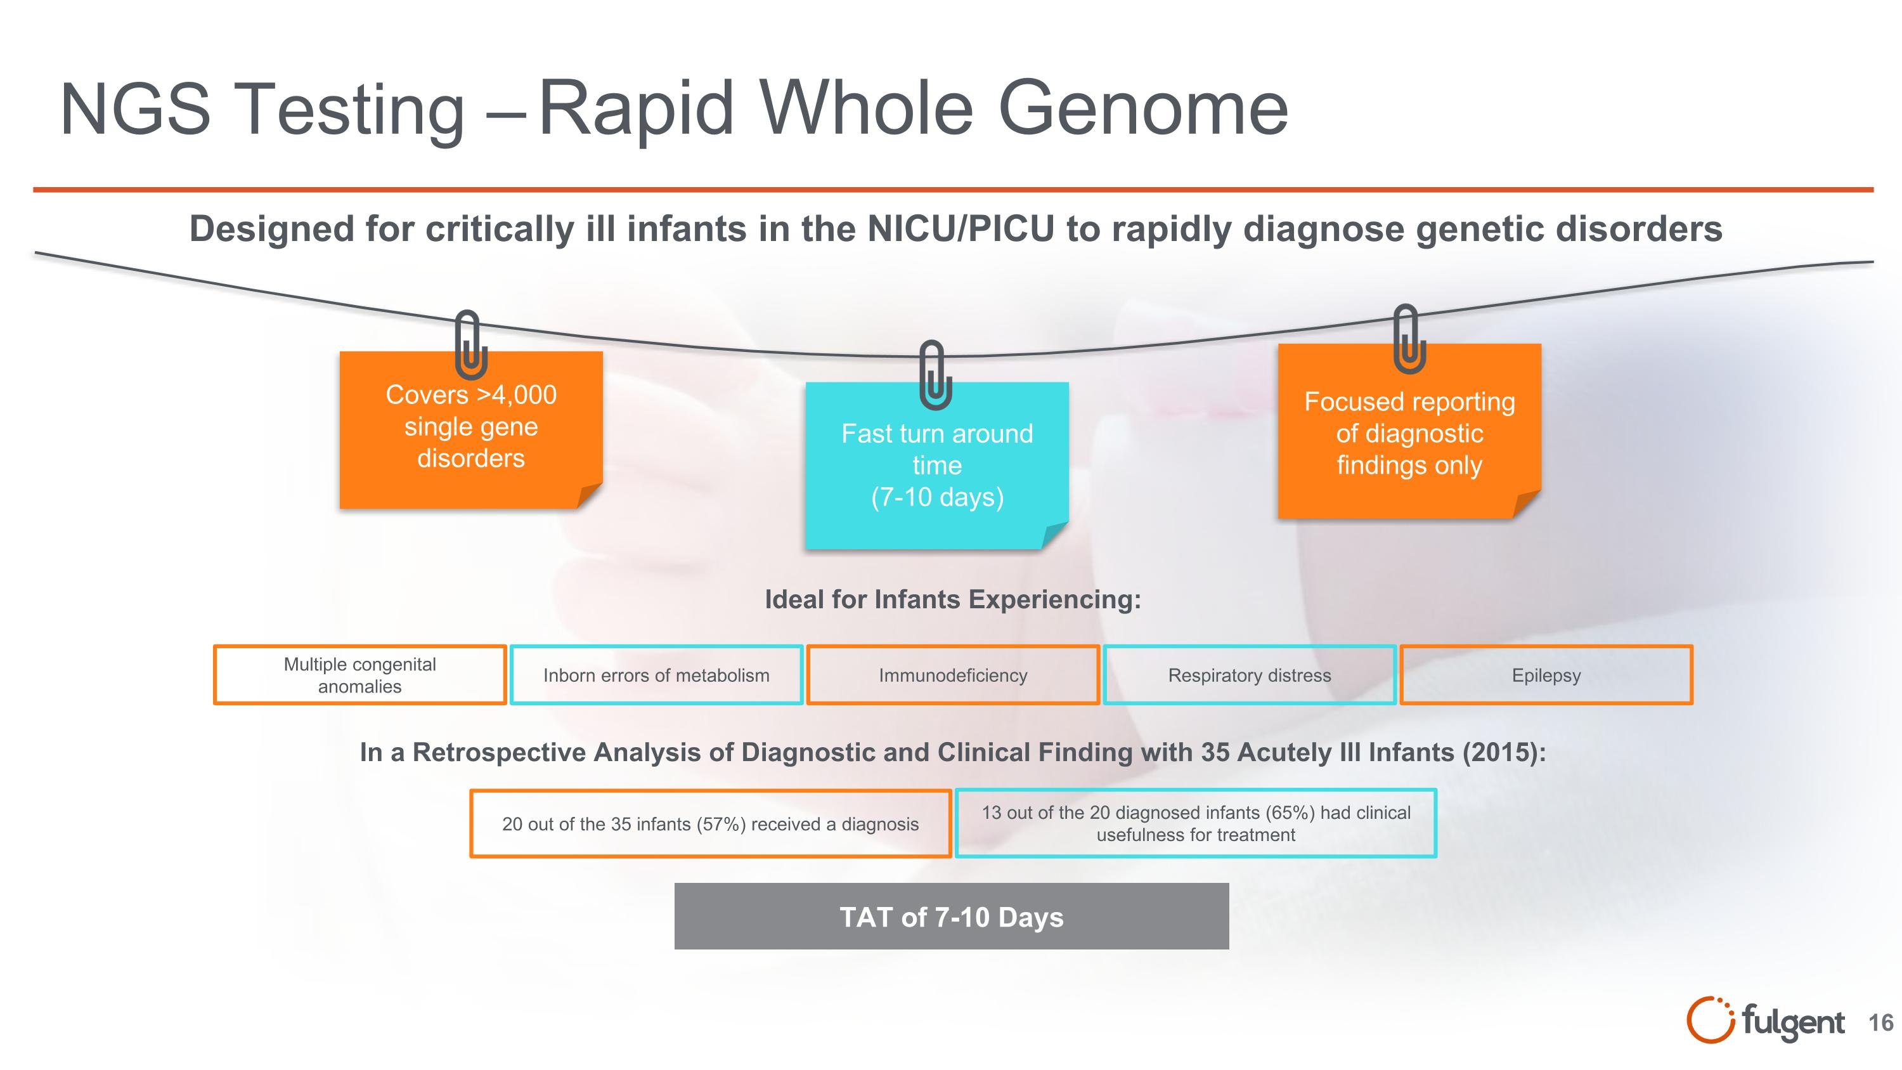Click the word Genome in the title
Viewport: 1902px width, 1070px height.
pyautogui.click(x=1143, y=109)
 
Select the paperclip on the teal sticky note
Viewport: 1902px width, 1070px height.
pyautogui.click(x=935, y=375)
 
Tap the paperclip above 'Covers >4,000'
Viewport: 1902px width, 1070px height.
pyautogui.click(x=470, y=344)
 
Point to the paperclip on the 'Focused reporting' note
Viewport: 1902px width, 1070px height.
pyautogui.click(x=1409, y=339)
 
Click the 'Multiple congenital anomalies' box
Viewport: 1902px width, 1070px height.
pyautogui.click(x=359, y=675)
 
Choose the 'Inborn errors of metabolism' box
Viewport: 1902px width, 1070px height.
pyautogui.click(x=656, y=675)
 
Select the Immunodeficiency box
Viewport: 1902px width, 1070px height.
pyautogui.click(x=952, y=675)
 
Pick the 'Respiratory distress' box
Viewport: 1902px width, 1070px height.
pyautogui.click(x=1249, y=675)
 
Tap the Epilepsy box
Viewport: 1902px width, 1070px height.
pyautogui.click(x=1546, y=675)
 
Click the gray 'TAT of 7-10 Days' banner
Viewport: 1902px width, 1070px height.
pyautogui.click(x=951, y=917)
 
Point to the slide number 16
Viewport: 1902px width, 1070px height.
pyautogui.click(x=1880, y=1022)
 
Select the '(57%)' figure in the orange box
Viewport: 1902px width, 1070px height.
pyautogui.click(x=721, y=824)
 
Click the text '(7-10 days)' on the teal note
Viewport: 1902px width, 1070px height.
pyautogui.click(x=937, y=497)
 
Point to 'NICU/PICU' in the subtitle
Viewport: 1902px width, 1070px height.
pyautogui.click(x=961, y=229)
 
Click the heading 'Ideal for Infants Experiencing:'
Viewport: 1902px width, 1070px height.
pyautogui.click(x=952, y=599)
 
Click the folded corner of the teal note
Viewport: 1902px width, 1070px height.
pyautogui.click(x=1054, y=535)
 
